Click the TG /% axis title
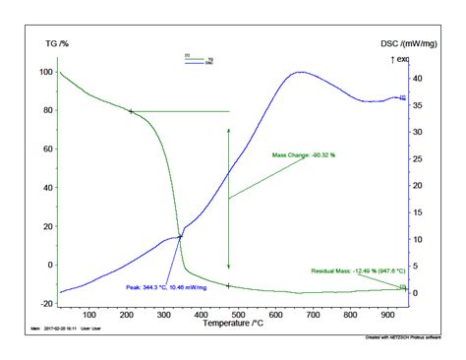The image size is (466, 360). pyautogui.click(x=56, y=44)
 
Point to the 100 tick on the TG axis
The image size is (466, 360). pyautogui.click(x=46, y=73)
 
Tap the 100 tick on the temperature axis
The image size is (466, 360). pyautogui.click(x=89, y=314)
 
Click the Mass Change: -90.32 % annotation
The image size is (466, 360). pyautogui.click(x=311, y=155)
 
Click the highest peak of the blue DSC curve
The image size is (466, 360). pyautogui.click(x=301, y=72)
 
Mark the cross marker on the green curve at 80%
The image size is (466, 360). pyautogui.click(x=131, y=111)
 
